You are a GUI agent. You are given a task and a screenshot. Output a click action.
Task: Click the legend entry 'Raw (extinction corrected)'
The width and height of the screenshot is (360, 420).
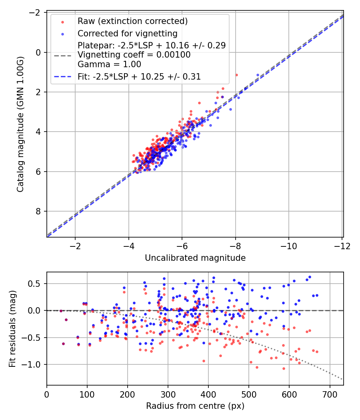(x=132, y=21)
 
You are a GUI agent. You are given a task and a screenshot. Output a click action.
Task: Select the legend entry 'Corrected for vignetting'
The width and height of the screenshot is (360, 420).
(x=128, y=34)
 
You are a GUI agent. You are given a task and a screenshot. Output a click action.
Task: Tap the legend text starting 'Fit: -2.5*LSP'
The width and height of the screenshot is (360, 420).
(x=139, y=77)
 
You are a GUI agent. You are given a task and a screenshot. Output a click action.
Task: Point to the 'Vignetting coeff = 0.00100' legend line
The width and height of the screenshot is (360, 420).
(x=134, y=55)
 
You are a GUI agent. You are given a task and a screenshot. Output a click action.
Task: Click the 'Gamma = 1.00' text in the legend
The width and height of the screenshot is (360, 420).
(x=109, y=64)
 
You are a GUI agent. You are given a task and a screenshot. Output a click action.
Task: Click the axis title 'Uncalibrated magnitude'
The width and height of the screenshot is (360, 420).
(x=195, y=258)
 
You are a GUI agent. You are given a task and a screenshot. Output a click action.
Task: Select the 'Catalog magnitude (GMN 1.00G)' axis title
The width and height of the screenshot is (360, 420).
(x=20, y=124)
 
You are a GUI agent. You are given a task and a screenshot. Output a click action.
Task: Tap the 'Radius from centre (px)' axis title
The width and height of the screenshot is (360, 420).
(x=195, y=406)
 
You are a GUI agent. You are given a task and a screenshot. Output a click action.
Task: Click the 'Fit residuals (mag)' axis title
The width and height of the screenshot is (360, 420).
(x=12, y=329)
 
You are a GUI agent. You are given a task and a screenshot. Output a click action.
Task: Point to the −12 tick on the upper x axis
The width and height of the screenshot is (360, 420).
(x=342, y=246)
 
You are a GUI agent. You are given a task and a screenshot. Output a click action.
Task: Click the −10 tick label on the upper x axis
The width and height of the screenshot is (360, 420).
(x=289, y=246)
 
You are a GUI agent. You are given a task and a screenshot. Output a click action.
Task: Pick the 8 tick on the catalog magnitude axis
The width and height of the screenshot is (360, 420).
(x=38, y=211)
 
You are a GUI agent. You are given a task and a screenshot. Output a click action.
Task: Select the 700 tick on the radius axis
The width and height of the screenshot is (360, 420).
(x=330, y=394)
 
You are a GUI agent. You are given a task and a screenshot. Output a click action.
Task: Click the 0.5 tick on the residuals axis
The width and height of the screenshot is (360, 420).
(x=35, y=284)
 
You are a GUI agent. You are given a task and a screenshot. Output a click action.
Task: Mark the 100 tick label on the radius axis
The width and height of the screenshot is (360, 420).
(x=87, y=394)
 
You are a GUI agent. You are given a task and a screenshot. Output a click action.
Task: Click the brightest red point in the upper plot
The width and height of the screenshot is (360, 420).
(x=236, y=75)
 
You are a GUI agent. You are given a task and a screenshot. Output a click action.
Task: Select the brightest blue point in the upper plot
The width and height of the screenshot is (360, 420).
(x=258, y=75)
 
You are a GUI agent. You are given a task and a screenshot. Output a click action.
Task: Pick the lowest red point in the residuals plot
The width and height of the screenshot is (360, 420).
(x=284, y=368)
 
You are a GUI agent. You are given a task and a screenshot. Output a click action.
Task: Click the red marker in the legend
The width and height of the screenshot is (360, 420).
(x=63, y=22)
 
